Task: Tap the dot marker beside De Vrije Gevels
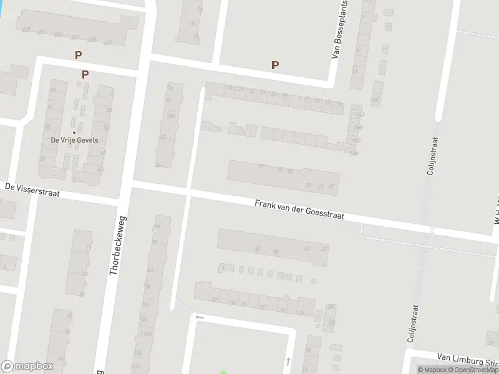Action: (74, 132)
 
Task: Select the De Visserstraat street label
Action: (32, 189)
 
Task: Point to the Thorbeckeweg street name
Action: (117, 246)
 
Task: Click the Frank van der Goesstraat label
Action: (299, 210)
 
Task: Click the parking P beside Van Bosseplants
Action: (274, 65)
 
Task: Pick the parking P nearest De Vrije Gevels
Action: (85, 74)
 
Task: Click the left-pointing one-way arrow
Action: (200, 317)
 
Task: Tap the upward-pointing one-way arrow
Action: (288, 361)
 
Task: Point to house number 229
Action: (26, 30)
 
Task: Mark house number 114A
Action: (147, 334)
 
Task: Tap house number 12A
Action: (374, 100)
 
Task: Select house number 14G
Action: (357, 127)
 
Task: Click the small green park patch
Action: (223, 372)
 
